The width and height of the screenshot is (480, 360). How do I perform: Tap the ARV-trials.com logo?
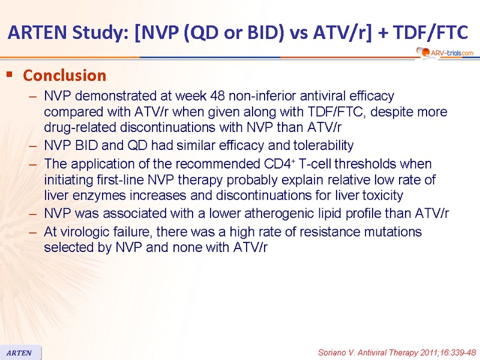(x=445, y=53)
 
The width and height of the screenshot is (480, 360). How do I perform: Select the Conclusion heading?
(x=65, y=76)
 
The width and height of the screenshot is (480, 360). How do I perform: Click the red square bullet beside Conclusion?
(x=10, y=74)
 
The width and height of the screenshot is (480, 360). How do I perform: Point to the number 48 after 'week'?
(x=217, y=96)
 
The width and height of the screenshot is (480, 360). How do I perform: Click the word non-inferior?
(x=262, y=96)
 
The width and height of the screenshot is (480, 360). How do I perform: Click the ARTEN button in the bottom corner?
(x=19, y=353)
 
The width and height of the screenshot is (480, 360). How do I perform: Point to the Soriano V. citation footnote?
(x=397, y=353)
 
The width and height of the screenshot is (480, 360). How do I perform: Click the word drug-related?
(x=80, y=127)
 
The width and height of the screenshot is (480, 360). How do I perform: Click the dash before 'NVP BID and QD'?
(x=33, y=146)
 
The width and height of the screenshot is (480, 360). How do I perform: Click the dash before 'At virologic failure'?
(x=33, y=232)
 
